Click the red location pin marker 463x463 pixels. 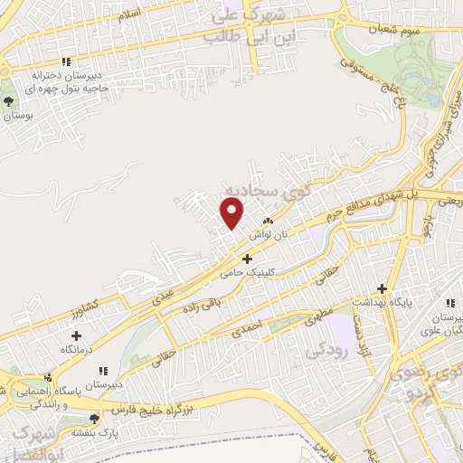coord(232,213)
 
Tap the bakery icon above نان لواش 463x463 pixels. coord(267,221)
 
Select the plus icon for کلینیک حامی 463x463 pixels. coord(246,259)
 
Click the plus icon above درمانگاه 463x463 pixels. coord(62,336)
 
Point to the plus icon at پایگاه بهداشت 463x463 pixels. coord(383,289)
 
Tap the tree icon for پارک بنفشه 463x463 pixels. coord(93,418)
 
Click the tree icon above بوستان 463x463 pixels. coord(10,100)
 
